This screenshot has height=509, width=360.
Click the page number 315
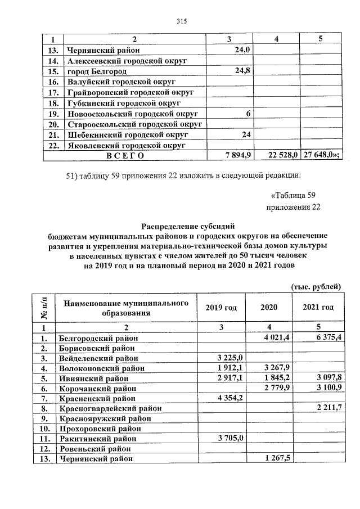point(181,21)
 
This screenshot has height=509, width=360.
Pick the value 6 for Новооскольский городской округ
point(247,114)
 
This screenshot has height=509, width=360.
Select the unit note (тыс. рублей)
point(316,286)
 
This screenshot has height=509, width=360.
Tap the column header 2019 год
point(221,308)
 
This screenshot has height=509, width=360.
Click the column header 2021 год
point(318,308)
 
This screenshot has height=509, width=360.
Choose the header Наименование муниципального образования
point(125,308)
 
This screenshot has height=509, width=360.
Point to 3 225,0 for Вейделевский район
point(229,358)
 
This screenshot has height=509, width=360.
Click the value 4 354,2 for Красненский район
point(229,398)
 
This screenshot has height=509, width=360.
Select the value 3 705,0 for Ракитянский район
point(229,439)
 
